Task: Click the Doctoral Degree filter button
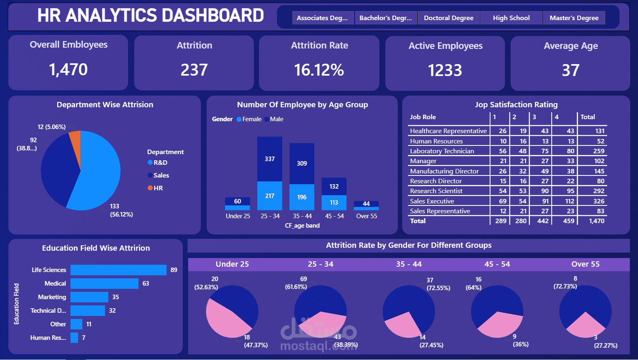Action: [x=448, y=18]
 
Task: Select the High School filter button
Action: [x=511, y=18]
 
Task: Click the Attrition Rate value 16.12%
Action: [x=319, y=70]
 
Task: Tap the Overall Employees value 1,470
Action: [x=68, y=69]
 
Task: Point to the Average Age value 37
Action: [x=570, y=70]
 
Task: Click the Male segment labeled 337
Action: [x=269, y=159]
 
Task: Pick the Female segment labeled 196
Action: [x=302, y=197]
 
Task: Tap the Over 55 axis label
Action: [x=366, y=216]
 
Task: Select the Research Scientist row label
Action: [x=436, y=191]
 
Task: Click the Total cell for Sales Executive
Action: [x=599, y=201]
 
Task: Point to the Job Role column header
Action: [x=423, y=117]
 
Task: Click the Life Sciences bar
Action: [x=118, y=270]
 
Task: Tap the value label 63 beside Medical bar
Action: [x=146, y=284]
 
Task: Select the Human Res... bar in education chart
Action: [x=74, y=338]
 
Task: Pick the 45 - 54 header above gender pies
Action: [x=497, y=264]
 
